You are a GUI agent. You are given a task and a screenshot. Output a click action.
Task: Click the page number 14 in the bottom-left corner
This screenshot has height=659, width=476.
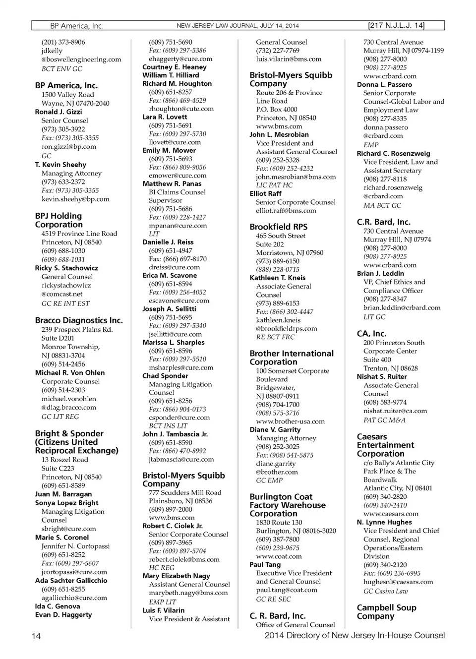click(x=36, y=636)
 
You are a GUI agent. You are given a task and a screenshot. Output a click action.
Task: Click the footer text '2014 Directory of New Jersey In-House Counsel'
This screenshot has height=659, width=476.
click(x=355, y=635)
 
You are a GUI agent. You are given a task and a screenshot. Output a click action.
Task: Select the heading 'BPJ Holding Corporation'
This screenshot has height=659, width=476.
click(x=59, y=220)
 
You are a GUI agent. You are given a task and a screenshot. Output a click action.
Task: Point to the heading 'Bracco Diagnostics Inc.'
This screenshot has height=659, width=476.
click(x=79, y=320)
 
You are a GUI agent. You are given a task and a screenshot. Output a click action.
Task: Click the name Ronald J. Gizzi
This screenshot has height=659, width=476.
click(x=59, y=112)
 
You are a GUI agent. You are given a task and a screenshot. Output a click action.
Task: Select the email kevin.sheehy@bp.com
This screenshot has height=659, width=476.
click(x=75, y=199)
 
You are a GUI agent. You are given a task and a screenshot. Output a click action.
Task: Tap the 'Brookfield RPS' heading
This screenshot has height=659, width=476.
click(x=279, y=227)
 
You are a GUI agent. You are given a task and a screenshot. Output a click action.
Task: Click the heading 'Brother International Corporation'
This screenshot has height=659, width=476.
click(x=292, y=358)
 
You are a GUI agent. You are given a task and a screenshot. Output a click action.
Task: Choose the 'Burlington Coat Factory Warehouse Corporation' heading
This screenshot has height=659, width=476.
click(x=288, y=505)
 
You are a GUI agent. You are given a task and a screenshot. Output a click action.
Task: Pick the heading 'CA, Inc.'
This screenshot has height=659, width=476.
click(x=371, y=334)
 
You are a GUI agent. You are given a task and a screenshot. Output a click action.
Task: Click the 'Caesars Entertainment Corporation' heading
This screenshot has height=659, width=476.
click(x=385, y=445)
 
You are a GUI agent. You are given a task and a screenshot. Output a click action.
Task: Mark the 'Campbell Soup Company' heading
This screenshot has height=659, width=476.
click(x=386, y=612)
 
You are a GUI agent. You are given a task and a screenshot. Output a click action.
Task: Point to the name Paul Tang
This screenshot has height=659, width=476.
click(x=265, y=564)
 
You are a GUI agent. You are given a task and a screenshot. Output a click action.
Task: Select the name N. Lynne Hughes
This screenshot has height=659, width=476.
click(x=384, y=522)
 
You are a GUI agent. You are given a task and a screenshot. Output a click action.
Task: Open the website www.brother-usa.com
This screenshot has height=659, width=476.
click(x=290, y=421)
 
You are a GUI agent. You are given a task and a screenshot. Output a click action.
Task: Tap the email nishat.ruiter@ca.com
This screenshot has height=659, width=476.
click(x=395, y=411)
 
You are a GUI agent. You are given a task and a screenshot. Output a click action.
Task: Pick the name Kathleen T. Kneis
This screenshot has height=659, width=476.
click(x=278, y=278)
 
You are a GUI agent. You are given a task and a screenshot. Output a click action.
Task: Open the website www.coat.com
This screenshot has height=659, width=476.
click(x=279, y=556)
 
